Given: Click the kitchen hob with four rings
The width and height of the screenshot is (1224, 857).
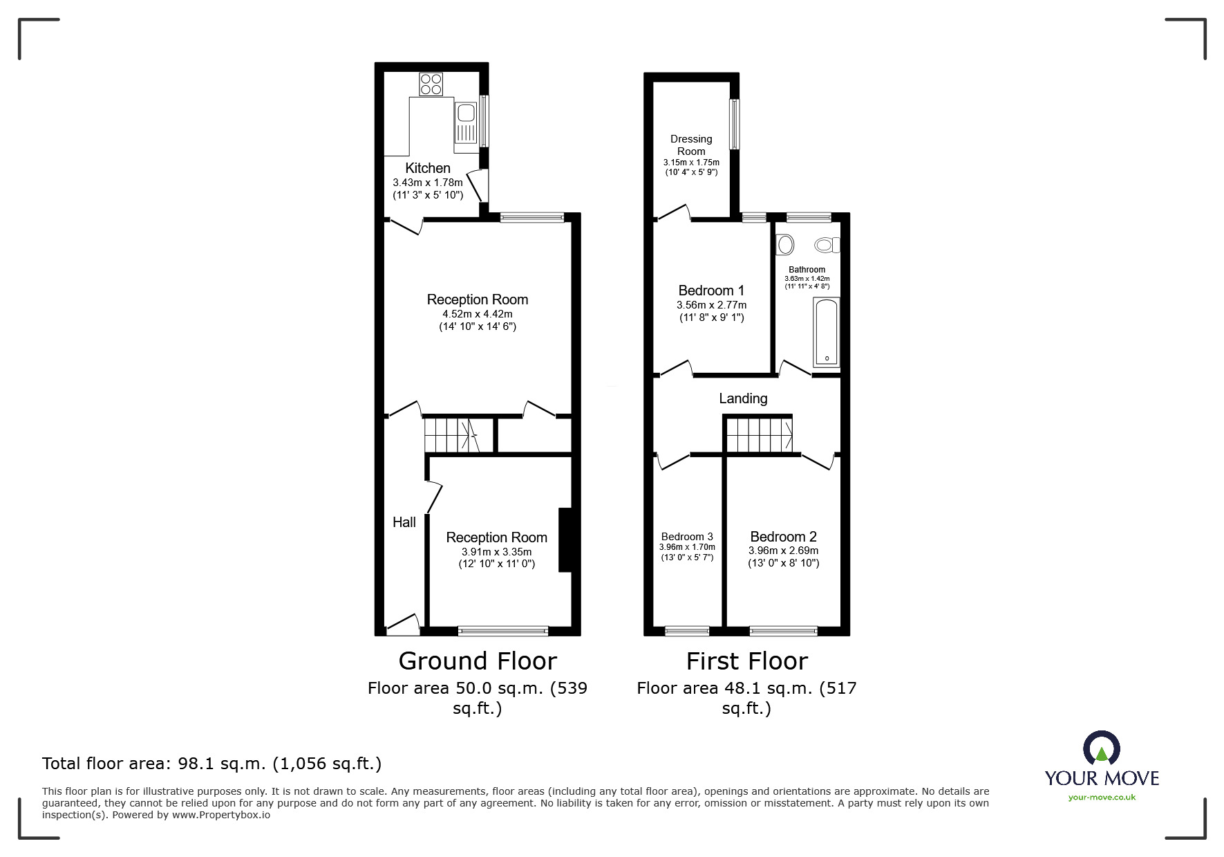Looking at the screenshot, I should click(x=431, y=84).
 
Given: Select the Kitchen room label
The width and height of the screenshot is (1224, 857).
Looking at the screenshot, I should click(x=427, y=168).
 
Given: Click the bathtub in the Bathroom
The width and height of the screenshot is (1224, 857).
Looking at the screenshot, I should click(x=826, y=332).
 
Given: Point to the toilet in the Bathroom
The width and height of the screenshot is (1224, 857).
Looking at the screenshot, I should click(x=827, y=244).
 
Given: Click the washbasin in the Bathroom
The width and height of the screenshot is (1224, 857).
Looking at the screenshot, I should click(x=785, y=244).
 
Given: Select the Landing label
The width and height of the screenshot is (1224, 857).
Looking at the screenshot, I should click(x=743, y=398).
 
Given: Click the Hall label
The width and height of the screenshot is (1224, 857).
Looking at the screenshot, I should click(x=404, y=522).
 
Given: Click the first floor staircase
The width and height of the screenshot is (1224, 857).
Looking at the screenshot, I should click(x=758, y=434).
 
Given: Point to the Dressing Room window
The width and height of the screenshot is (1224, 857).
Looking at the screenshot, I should click(x=735, y=124).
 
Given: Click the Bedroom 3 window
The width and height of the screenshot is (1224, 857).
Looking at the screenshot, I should click(x=687, y=630).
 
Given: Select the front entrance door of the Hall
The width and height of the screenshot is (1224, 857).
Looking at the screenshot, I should click(x=404, y=625).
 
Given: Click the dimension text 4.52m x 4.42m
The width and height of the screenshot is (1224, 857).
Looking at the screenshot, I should click(x=478, y=314).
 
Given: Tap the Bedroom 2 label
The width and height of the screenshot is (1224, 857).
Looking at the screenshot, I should click(x=783, y=537).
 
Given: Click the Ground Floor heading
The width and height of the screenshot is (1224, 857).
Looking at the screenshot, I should click(x=478, y=661).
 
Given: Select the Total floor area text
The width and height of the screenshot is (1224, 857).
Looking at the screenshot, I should click(x=211, y=764).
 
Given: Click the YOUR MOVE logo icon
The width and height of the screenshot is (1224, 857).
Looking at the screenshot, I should click(x=1101, y=750).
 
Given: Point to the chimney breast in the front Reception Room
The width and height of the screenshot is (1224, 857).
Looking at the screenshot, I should click(x=565, y=540).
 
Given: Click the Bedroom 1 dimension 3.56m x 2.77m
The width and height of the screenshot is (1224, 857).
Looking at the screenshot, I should click(x=711, y=305).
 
